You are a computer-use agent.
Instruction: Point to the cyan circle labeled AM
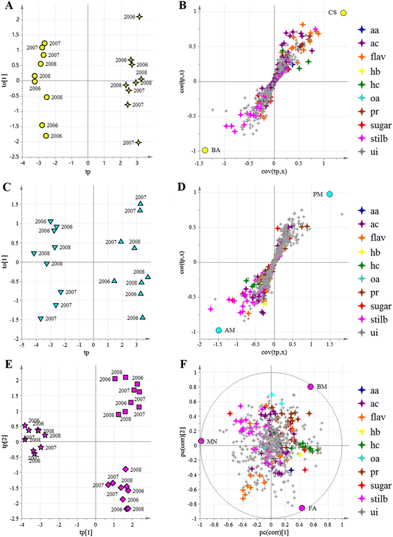click(x=219, y=330)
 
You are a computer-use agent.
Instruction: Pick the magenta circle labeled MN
click(x=201, y=441)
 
